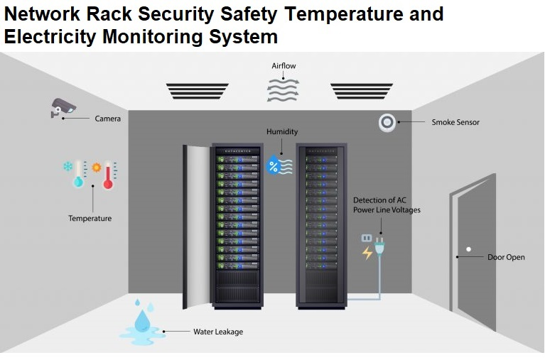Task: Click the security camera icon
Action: pyautogui.click(x=63, y=107)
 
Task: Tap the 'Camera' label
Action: pyautogui.click(x=108, y=119)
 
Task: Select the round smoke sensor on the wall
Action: pyautogui.click(x=387, y=122)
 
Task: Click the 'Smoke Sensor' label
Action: pyautogui.click(x=455, y=122)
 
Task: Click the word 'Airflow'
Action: pyautogui.click(x=284, y=66)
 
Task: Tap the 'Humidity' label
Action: pyautogui.click(x=282, y=132)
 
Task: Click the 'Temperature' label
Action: pyautogui.click(x=90, y=219)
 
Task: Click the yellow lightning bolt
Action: pyautogui.click(x=367, y=253)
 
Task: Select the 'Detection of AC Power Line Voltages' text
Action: pyautogui.click(x=387, y=205)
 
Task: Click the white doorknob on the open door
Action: pyautogui.click(x=469, y=249)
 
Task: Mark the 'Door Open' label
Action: pyautogui.click(x=506, y=257)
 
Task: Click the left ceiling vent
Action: pyautogui.click(x=198, y=91)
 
